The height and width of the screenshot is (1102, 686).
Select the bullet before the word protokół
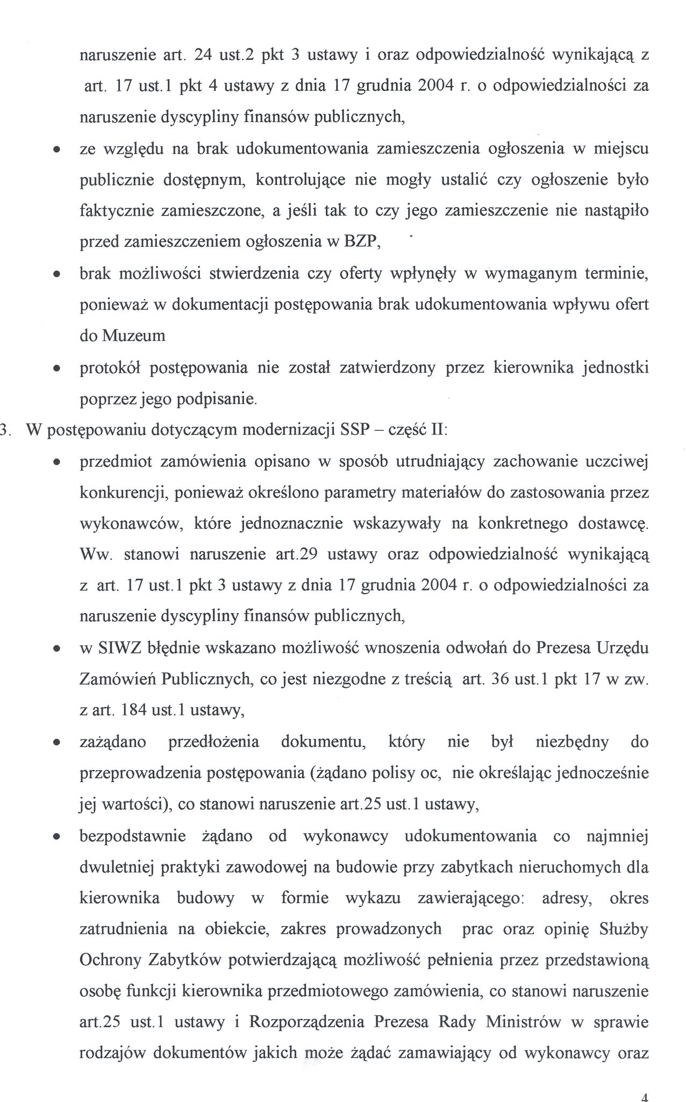[56, 369]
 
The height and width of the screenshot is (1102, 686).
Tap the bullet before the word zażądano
[56, 743]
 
